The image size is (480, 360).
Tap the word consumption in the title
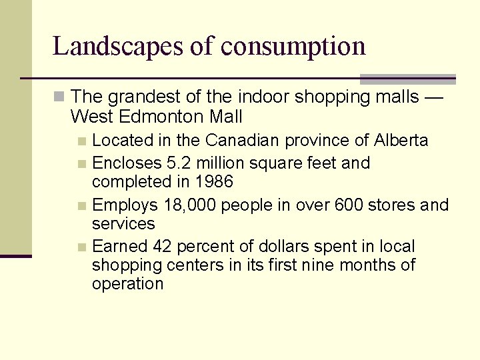point(293,47)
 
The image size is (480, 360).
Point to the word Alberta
point(401,141)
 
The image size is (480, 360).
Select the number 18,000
point(191,205)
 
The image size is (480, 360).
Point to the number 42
point(163,247)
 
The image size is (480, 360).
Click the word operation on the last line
point(127,284)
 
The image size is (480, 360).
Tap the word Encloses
point(127,163)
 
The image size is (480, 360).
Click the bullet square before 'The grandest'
point(59,97)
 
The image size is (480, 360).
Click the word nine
point(319,265)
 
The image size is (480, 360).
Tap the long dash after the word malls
point(433,98)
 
